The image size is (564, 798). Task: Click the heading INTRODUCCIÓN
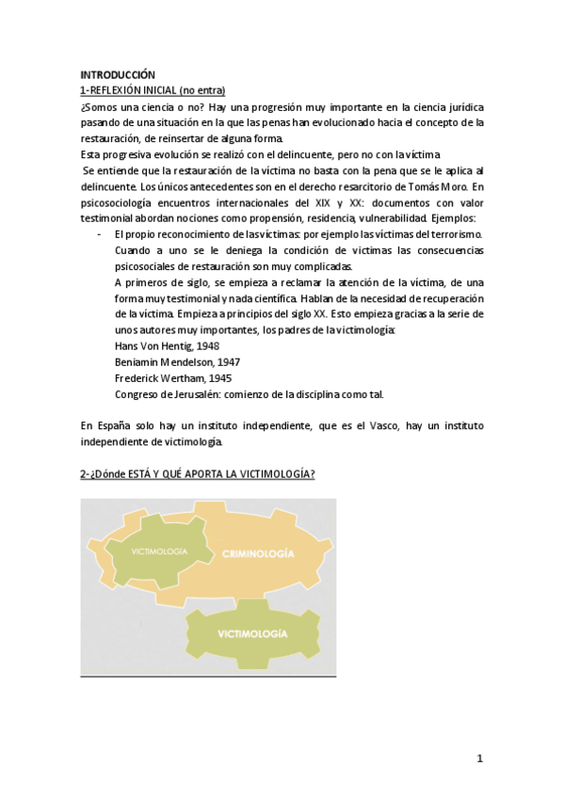(118, 73)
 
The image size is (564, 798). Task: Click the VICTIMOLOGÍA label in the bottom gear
(251, 635)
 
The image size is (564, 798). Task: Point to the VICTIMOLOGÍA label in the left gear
(159, 551)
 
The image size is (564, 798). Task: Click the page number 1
(479, 758)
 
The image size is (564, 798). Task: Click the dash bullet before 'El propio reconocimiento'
(100, 233)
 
